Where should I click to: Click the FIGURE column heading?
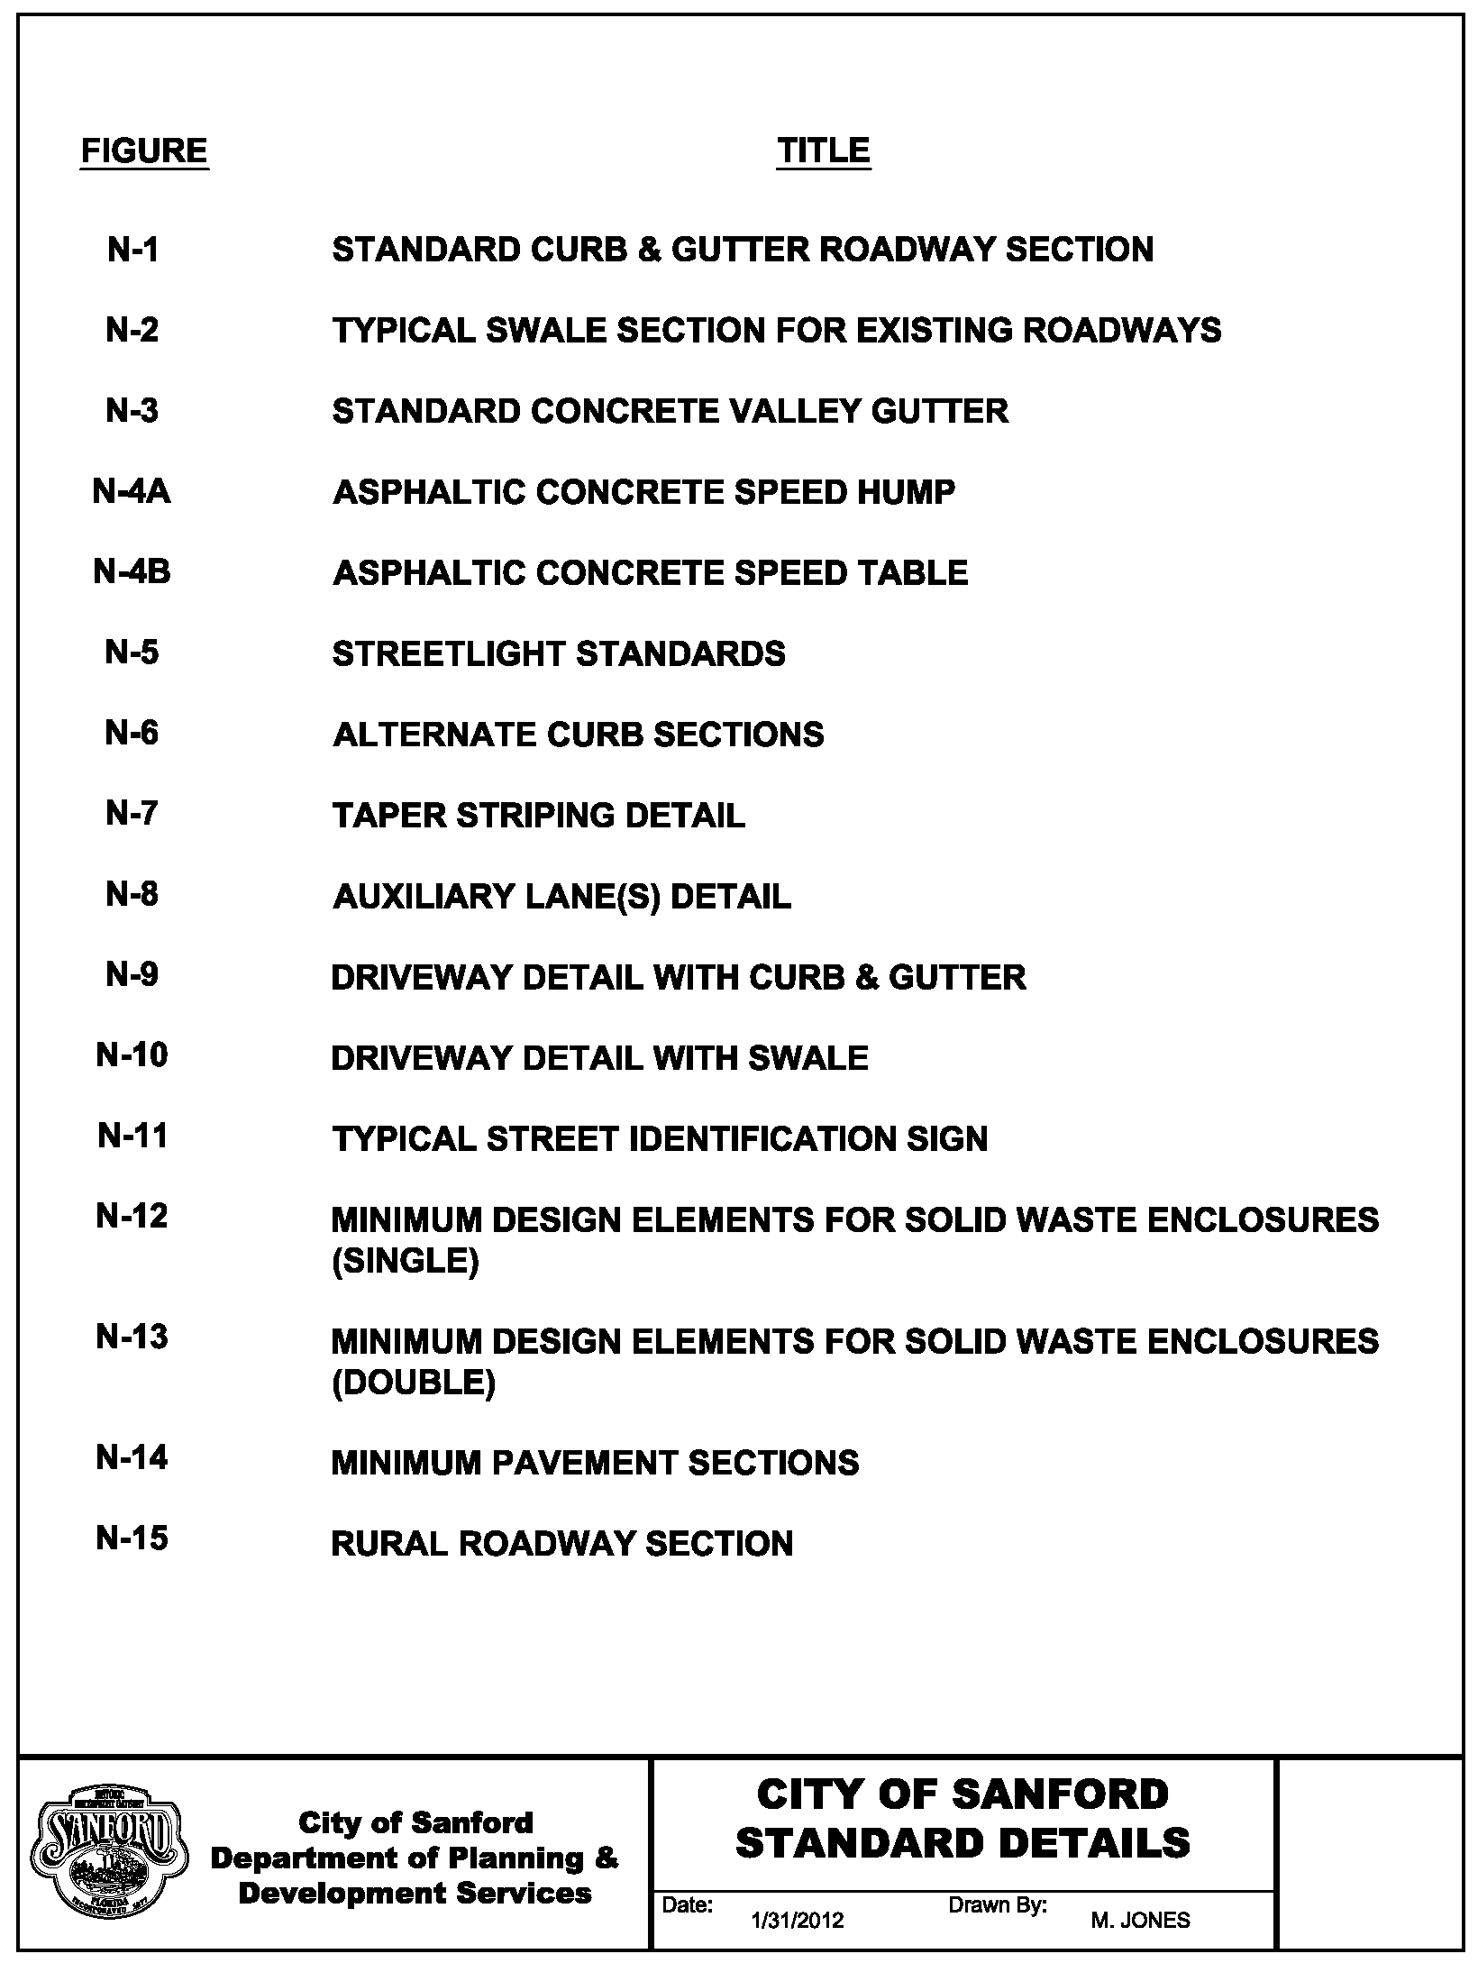click(x=144, y=151)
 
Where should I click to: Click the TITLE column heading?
click(x=823, y=151)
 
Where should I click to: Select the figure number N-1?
click(x=132, y=250)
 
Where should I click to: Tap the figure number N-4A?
click(x=132, y=492)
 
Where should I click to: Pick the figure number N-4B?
click(x=132, y=572)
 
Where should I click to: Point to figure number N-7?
click(x=132, y=814)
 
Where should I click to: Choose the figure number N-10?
click(x=132, y=1055)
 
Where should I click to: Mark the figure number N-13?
click(x=132, y=1338)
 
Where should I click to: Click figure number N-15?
click(x=132, y=1538)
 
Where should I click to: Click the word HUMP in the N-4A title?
click(x=907, y=492)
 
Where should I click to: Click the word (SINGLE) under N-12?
click(x=405, y=1261)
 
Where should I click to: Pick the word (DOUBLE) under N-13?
click(x=413, y=1382)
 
